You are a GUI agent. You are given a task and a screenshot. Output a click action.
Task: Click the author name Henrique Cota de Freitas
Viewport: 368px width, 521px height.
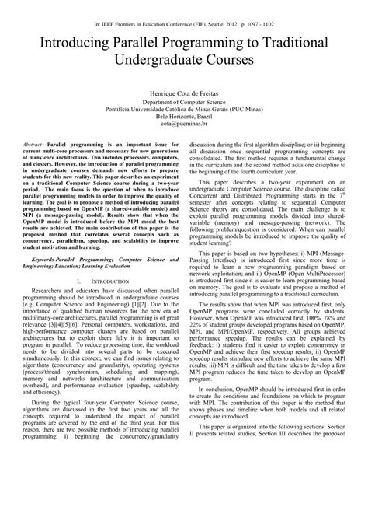click(183, 92)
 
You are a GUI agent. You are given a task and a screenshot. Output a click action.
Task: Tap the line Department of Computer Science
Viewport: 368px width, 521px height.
click(184, 102)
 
